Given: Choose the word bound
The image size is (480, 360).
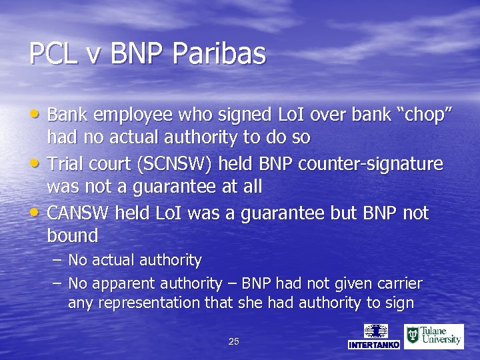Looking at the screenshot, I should [73, 235].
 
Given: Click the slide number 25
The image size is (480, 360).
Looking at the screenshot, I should [233, 341].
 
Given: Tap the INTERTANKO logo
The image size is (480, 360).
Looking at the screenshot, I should [374, 336].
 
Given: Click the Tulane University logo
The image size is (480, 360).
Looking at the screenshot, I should [434, 336].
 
